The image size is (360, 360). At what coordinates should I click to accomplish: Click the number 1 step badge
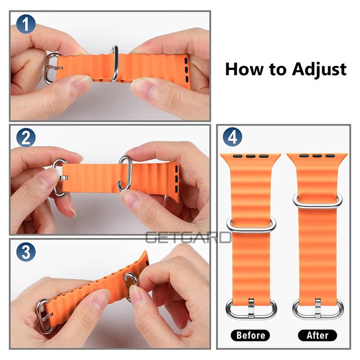26,24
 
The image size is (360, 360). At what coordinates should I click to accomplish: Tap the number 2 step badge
26,137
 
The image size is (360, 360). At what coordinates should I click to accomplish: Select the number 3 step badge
26,252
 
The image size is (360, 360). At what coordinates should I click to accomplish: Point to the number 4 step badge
232,137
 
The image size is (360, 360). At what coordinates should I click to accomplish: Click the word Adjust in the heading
319,69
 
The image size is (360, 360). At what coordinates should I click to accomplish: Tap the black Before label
250,335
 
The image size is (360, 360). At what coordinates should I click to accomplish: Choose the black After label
317,335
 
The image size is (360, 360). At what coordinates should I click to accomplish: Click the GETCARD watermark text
188,238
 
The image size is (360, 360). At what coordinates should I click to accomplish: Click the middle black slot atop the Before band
251,156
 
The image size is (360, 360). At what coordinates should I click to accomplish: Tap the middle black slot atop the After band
317,156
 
